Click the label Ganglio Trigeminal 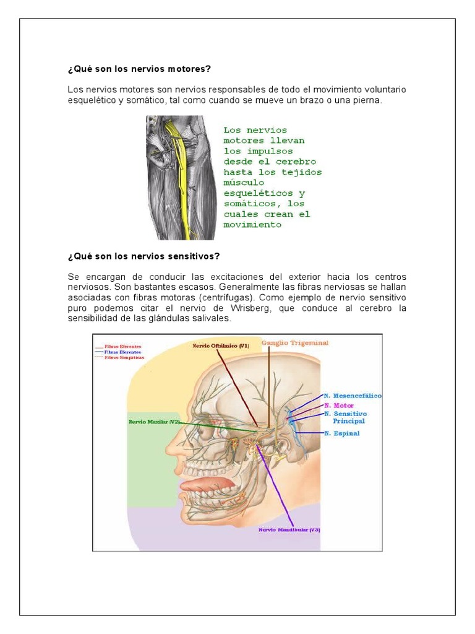coord(294,342)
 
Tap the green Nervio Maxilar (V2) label coord(154,422)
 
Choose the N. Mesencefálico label coord(353,395)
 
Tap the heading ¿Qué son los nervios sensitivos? coord(143,256)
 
